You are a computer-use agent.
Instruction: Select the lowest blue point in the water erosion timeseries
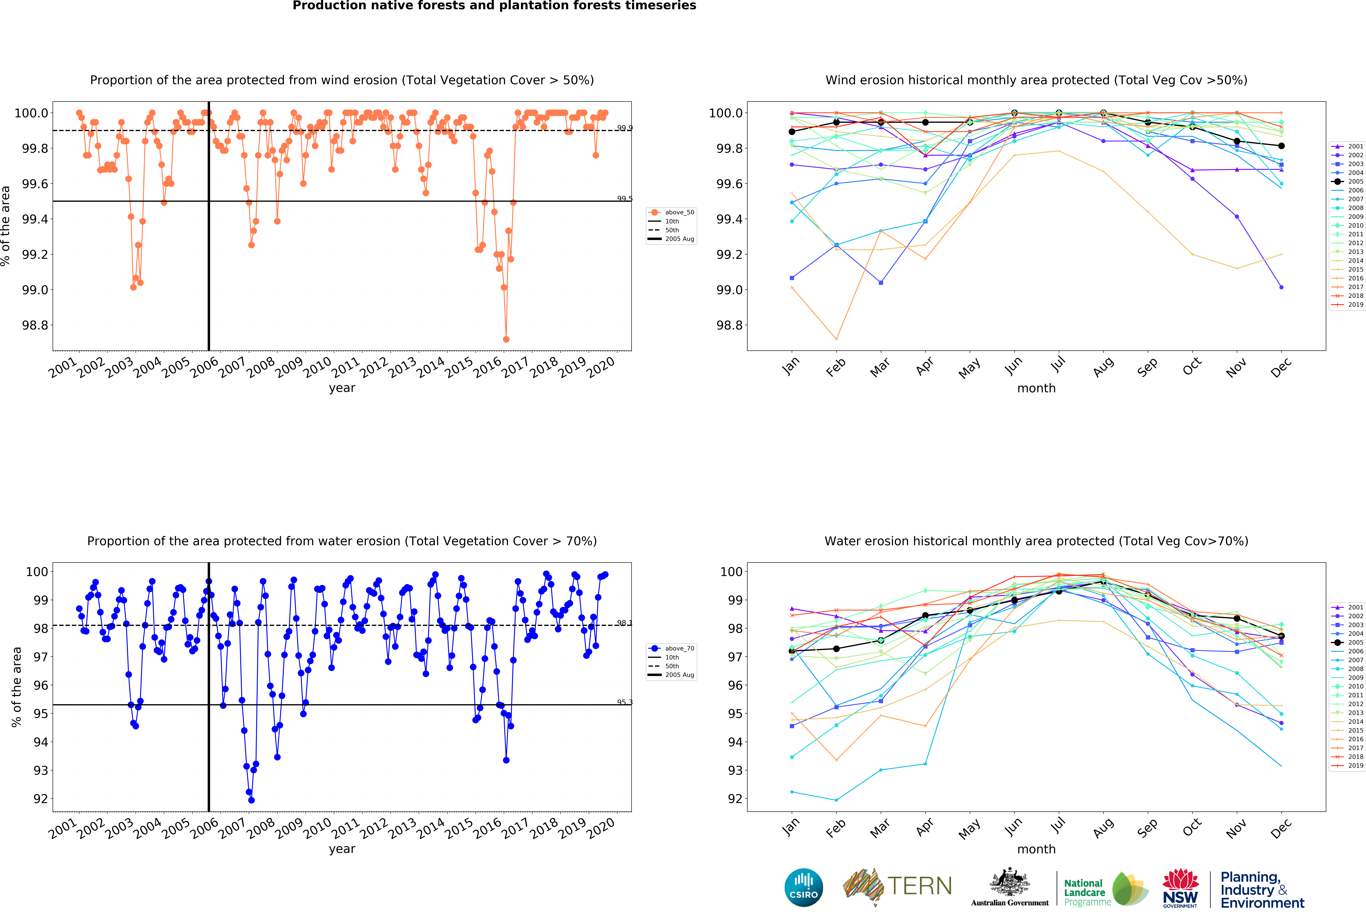pyautogui.click(x=252, y=800)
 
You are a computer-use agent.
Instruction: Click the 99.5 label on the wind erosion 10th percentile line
pyautogui.click(x=624, y=199)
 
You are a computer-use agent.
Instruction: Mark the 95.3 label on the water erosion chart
pyautogui.click(x=624, y=702)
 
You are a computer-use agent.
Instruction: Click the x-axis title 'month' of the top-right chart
pyautogui.click(x=1036, y=388)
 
